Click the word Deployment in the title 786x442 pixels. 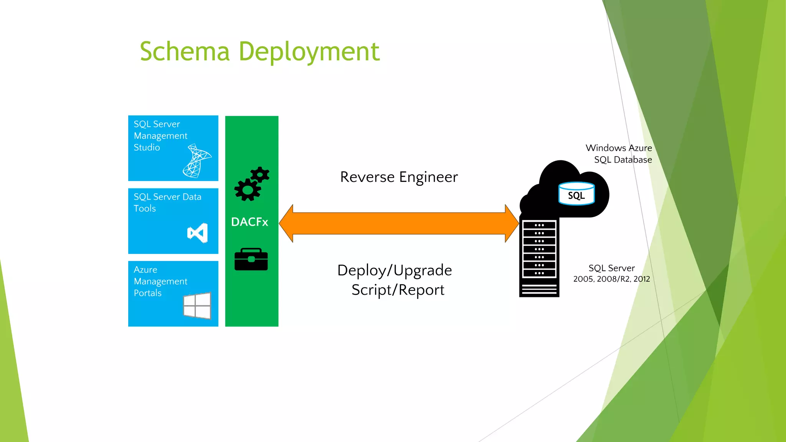click(x=309, y=52)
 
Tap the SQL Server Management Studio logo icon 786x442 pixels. click(x=197, y=161)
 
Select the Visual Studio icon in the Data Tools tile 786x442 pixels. click(x=198, y=233)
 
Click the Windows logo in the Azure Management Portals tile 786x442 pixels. click(x=197, y=306)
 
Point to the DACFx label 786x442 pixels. click(x=249, y=222)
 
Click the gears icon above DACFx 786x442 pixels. click(x=252, y=184)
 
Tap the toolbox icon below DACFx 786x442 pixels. click(x=251, y=259)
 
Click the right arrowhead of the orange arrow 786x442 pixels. click(x=512, y=223)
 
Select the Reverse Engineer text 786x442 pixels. click(x=399, y=177)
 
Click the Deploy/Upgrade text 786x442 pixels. click(x=395, y=270)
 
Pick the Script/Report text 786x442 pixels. click(x=398, y=290)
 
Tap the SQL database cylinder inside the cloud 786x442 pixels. click(x=576, y=194)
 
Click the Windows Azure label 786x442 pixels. click(x=618, y=148)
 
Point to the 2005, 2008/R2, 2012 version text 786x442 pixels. click(x=611, y=279)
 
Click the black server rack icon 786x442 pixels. click(x=539, y=257)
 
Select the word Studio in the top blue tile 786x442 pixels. click(x=147, y=148)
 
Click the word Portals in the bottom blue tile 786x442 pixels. click(x=147, y=293)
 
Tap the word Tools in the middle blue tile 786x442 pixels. click(x=145, y=209)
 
